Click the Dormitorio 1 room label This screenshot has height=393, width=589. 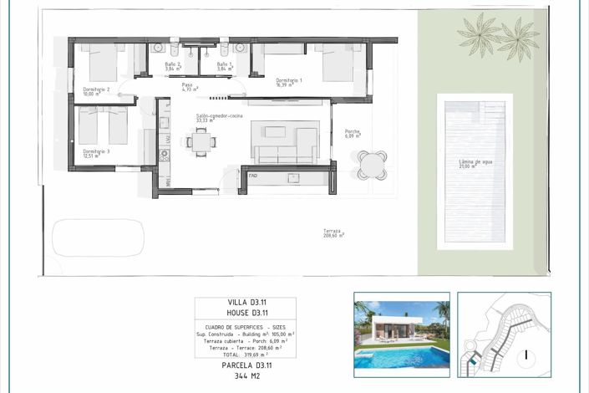288,81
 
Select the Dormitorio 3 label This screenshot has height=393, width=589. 96,153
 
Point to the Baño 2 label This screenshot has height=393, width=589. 173,66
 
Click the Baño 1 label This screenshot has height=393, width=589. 224,66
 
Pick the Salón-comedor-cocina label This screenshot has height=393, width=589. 219,117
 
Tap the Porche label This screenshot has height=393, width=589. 353,132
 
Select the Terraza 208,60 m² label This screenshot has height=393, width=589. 334,233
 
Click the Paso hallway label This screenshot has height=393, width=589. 189,86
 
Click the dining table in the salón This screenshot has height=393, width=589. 201,142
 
